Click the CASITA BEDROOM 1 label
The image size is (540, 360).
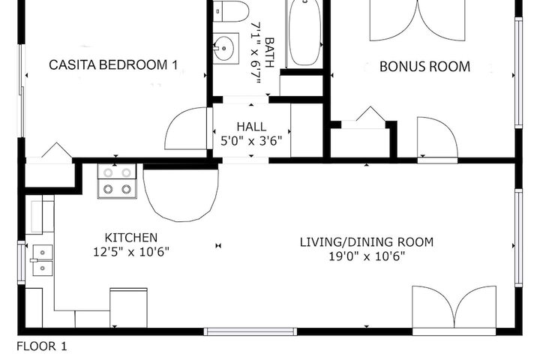pos(113,64)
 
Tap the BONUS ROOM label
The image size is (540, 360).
pos(424,67)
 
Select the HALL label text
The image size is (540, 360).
pos(251,127)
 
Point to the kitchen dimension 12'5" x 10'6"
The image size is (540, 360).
pos(131,252)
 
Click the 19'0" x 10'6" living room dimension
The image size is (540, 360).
pos(367,256)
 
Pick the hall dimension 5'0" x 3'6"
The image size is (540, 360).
pos(251,141)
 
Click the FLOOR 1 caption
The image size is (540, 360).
pos(42,346)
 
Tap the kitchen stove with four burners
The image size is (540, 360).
pos(117,181)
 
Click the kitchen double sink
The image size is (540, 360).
pos(43,260)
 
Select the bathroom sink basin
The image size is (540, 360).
pos(226,48)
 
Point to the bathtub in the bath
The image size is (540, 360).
pos(304,34)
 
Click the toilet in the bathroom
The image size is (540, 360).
pos(231,10)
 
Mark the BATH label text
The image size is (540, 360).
pos(270,52)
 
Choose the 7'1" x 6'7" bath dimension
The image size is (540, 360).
pos(256,53)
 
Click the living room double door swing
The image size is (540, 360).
pos(454,306)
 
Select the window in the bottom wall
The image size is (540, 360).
pos(250,331)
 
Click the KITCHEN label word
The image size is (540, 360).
pos(131,238)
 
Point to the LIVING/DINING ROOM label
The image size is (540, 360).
pos(367,242)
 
